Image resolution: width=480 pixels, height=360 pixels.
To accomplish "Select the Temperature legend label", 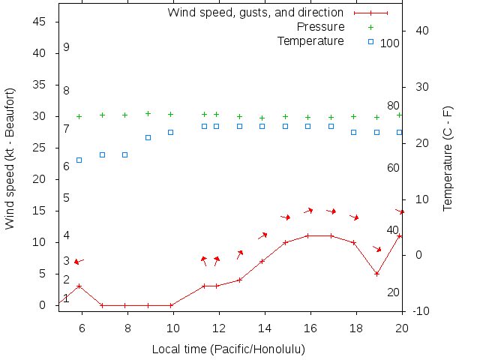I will point(310,40).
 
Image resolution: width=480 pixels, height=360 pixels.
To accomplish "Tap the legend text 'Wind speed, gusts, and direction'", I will point(256,13).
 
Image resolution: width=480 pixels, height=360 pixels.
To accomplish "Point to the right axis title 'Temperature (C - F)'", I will point(448,158).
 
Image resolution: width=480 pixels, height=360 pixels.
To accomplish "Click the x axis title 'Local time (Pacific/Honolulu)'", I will point(228,349).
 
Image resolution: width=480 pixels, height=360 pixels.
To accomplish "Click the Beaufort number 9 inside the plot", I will point(66,47).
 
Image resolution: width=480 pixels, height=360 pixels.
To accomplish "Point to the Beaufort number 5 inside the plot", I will point(66,198).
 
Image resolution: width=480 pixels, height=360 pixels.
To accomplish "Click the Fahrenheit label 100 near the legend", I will point(390,43).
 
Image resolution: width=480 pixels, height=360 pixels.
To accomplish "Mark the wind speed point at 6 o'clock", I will point(79,286).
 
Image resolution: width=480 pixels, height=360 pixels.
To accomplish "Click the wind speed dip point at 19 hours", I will point(376,274).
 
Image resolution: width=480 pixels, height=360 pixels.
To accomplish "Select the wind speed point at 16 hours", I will point(308,235).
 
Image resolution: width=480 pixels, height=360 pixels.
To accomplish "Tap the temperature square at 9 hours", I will point(148,137).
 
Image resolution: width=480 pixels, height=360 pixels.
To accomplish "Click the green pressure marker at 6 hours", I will point(79,116).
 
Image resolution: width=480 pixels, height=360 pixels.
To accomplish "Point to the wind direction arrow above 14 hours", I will point(262,236).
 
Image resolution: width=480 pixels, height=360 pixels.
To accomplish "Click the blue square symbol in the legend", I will point(370,41).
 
